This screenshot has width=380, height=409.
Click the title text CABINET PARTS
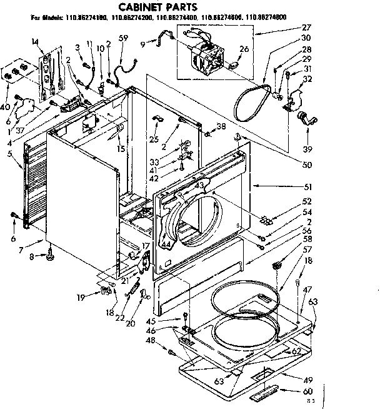157,7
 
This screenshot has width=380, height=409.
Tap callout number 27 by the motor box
306,28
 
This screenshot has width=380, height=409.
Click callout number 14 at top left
34,41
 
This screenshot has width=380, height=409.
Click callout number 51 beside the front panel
307,186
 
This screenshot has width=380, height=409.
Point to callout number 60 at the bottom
307,391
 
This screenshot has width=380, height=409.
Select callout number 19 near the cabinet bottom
81,297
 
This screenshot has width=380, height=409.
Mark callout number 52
307,201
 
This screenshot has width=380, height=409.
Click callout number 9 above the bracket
144,43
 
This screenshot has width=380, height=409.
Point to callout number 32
307,79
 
